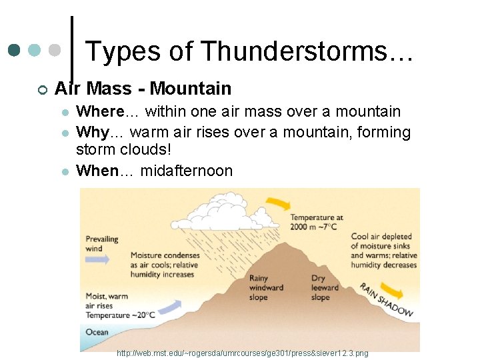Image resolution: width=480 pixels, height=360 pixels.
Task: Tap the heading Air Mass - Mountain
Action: [x=143, y=89]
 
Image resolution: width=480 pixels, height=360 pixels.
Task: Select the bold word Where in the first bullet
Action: [x=101, y=111]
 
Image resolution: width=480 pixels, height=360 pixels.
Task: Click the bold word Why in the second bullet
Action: [x=92, y=132]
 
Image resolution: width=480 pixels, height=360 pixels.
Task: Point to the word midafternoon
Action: [x=187, y=171]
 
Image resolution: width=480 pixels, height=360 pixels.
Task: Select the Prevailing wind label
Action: [x=102, y=243]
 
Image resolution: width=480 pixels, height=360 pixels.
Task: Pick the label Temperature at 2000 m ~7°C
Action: [x=316, y=222]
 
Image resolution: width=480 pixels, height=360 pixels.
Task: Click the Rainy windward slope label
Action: [x=266, y=288]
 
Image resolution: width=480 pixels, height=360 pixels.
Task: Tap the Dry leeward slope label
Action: [x=325, y=288]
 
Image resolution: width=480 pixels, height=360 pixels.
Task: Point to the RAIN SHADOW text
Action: [x=386, y=299]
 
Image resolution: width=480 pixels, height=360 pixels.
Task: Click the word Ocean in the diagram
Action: [x=97, y=332]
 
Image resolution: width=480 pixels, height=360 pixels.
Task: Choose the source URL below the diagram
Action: [x=242, y=352]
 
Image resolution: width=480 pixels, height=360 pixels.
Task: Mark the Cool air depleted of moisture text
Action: [x=383, y=251]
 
